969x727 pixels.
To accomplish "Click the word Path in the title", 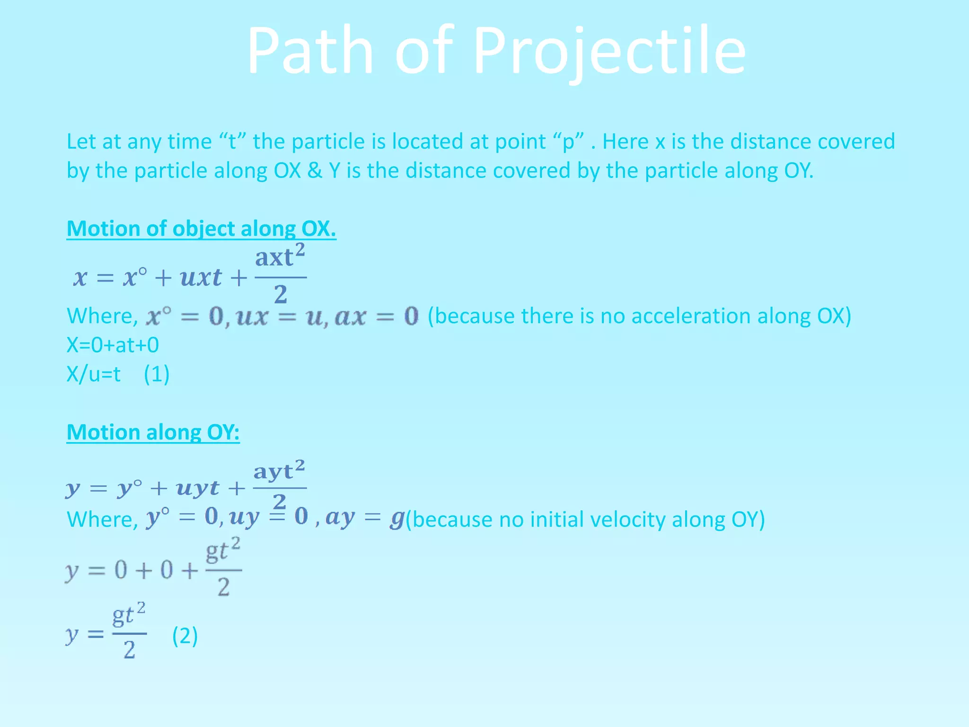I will [310, 51].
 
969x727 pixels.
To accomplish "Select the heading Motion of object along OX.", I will [201, 229].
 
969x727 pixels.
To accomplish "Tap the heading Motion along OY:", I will [153, 432].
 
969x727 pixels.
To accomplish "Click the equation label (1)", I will [157, 374].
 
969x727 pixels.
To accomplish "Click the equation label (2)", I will [185, 636].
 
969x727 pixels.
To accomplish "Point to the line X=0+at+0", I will [113, 345].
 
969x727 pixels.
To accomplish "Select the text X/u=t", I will [93, 374].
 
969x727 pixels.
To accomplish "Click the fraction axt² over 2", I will [280, 275].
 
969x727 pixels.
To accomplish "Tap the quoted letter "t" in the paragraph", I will [232, 142].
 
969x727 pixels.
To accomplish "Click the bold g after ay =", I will [396, 519].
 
